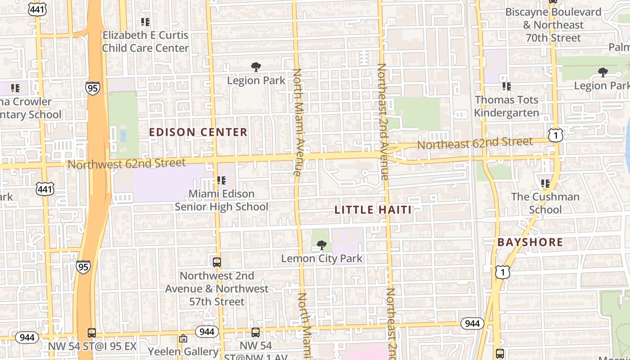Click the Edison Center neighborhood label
coord(198,132)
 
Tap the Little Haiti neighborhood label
coord(373,210)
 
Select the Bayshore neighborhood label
coord(530,242)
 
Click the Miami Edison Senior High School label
coord(221,200)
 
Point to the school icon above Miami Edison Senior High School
coord(221,180)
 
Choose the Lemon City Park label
coord(322,259)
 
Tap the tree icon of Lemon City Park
coord(321,245)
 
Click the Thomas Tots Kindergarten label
coord(507,106)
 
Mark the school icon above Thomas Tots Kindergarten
coord(507,86)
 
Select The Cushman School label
coord(545,203)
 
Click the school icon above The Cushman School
coord(545,183)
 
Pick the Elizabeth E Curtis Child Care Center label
coord(145,41)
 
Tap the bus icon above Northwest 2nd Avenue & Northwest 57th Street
coord(217,262)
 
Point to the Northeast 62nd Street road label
coord(475,144)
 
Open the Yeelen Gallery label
coord(183,351)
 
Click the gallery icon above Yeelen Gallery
coord(183,338)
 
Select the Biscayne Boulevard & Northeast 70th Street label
coord(553,25)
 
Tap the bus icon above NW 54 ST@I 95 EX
coord(92,333)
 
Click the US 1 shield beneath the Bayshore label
coord(503,272)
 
